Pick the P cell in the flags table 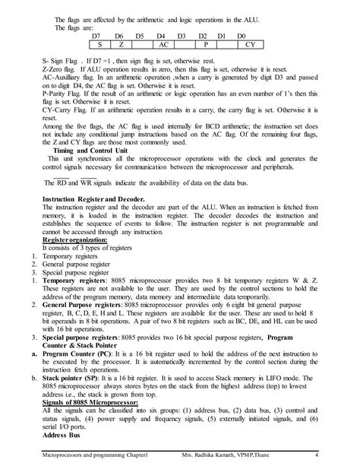coord(204,45)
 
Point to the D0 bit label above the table coord(241,36)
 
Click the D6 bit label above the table coord(118,36)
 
